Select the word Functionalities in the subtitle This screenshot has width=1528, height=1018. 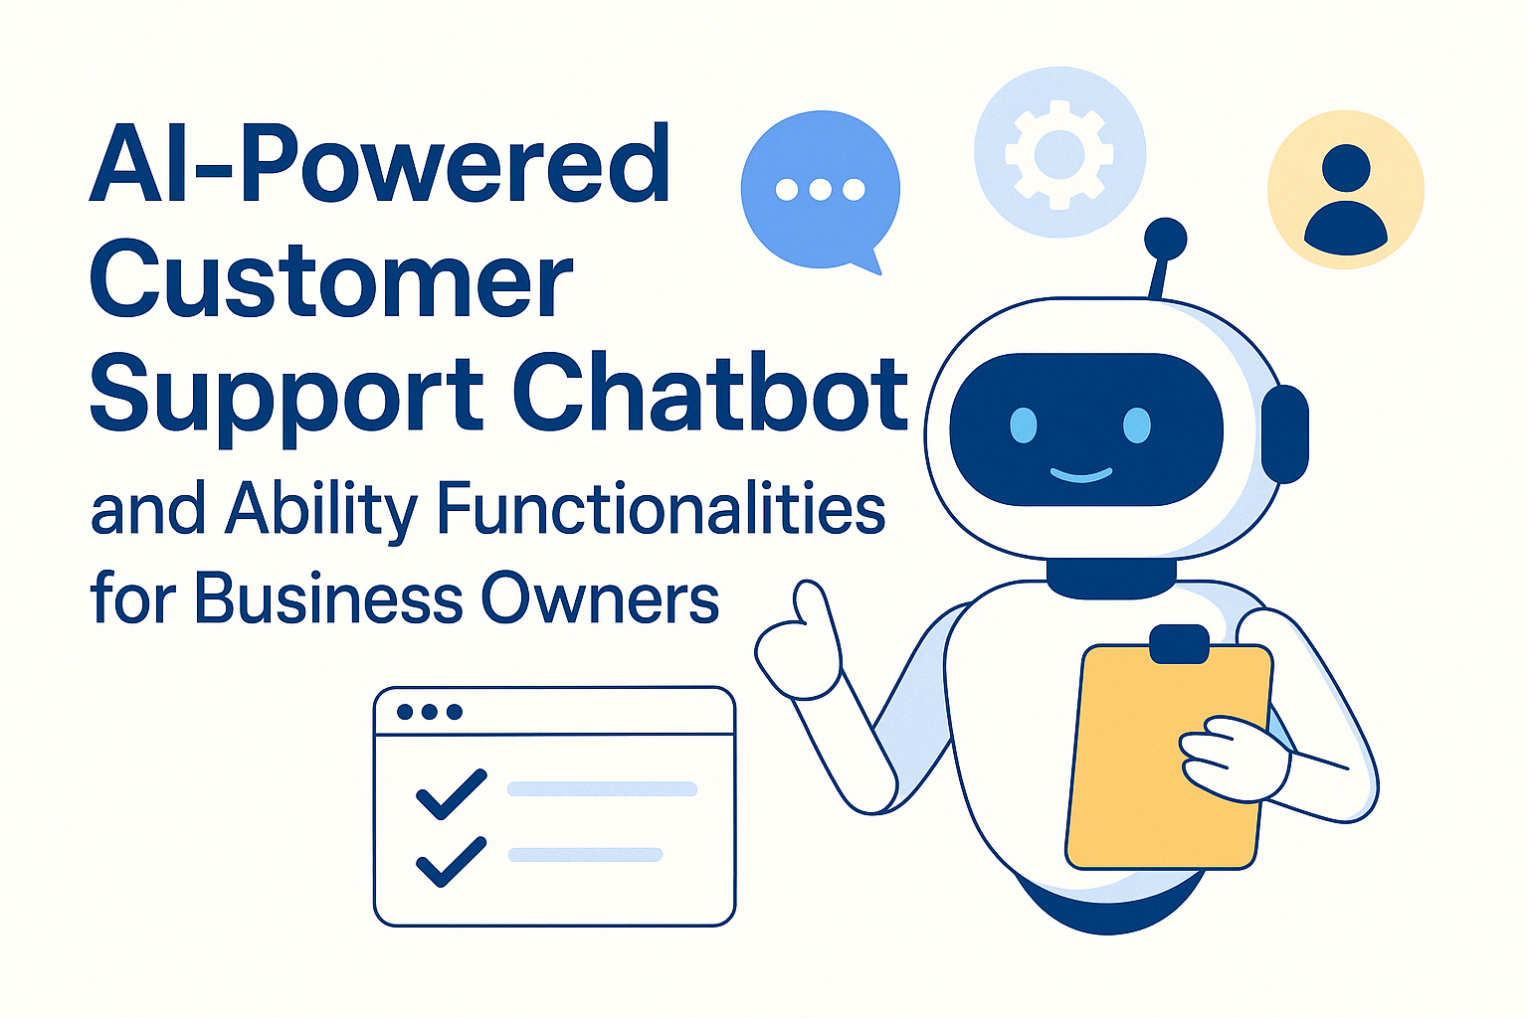point(661,509)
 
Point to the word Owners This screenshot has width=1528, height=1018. point(600,598)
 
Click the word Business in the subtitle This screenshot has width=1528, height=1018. point(328,598)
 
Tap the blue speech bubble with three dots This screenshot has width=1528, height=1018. point(820,189)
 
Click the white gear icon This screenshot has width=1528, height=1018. point(1059,153)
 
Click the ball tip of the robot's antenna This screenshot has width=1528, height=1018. point(1165,239)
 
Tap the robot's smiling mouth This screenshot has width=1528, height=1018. point(1080,475)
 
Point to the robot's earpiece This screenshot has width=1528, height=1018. point(1285,433)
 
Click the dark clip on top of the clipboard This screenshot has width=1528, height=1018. point(1179,643)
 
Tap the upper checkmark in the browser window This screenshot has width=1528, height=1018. point(451,793)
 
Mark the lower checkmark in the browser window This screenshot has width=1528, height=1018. point(451,860)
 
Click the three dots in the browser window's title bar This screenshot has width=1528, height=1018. point(429,712)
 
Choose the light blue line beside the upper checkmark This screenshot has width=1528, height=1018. point(602,789)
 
